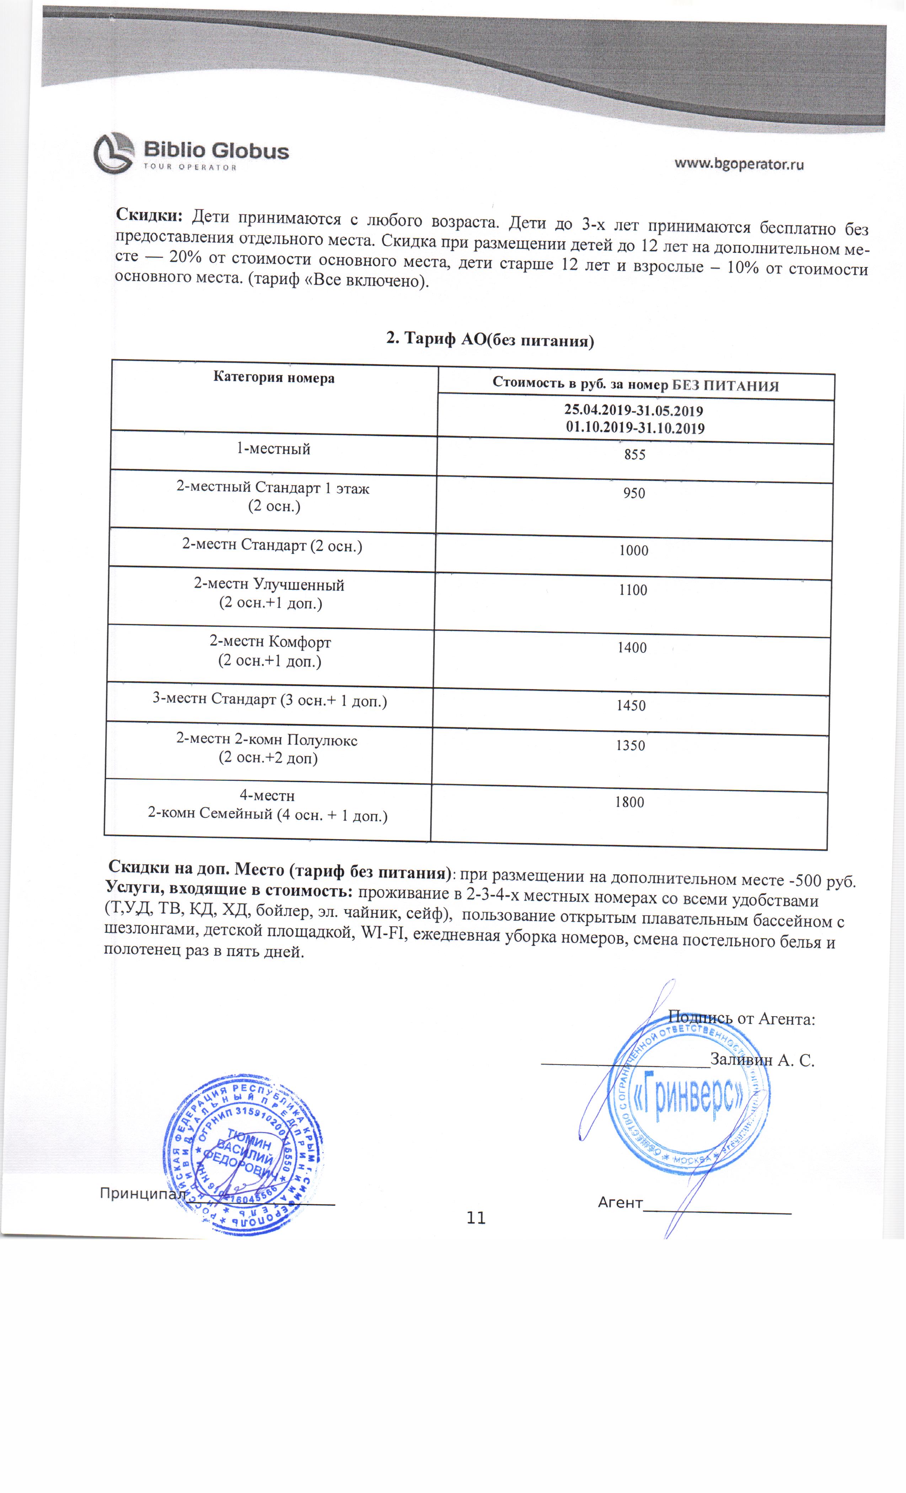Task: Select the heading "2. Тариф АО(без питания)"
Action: [490, 339]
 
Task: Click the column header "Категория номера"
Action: [274, 378]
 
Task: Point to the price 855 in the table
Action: [635, 454]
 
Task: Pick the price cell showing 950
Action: [634, 493]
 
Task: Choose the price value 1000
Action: [633, 550]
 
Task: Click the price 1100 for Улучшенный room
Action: [633, 590]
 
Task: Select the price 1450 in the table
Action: [631, 705]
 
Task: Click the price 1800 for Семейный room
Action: [629, 802]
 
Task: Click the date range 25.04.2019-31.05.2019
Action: [633, 411]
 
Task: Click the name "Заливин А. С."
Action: [762, 1060]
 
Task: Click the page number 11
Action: [476, 1218]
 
